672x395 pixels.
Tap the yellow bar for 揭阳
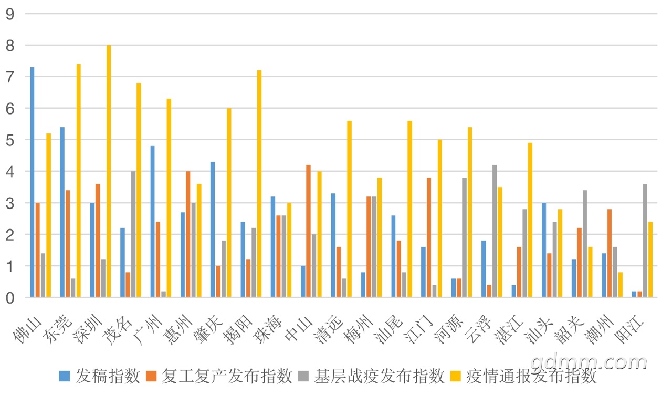[x=259, y=184]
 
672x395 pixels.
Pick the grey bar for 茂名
[x=133, y=234]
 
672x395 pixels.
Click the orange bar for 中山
[x=308, y=231]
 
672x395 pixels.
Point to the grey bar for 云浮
[x=494, y=231]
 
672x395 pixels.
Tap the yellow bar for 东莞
[x=78, y=181]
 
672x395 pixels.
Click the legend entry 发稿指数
[x=100, y=376]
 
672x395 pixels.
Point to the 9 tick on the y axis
[x=10, y=14]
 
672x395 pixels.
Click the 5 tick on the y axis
[x=10, y=140]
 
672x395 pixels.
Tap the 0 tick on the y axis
[x=10, y=298]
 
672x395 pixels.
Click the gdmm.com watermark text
[x=588, y=362]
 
